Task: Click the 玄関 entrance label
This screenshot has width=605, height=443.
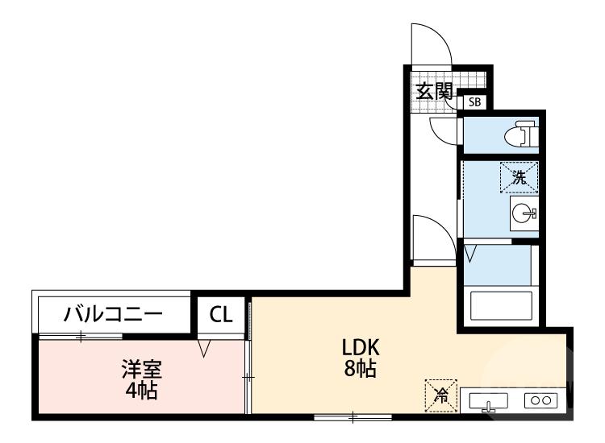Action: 433,91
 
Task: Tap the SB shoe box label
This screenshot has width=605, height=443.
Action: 475,102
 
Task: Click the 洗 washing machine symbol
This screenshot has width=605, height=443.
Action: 519,177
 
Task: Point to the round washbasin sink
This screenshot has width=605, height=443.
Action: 523,213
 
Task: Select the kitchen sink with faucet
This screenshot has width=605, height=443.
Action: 488,400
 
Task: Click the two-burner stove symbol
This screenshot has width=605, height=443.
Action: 540,400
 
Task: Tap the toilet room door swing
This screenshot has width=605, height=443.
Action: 443,129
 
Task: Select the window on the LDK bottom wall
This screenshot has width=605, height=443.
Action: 353,416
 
